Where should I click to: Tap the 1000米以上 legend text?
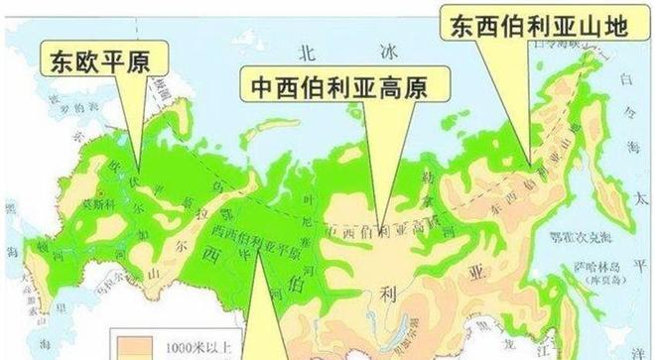coord(187,344)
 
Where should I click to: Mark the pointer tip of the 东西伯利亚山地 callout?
coord(530,165)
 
